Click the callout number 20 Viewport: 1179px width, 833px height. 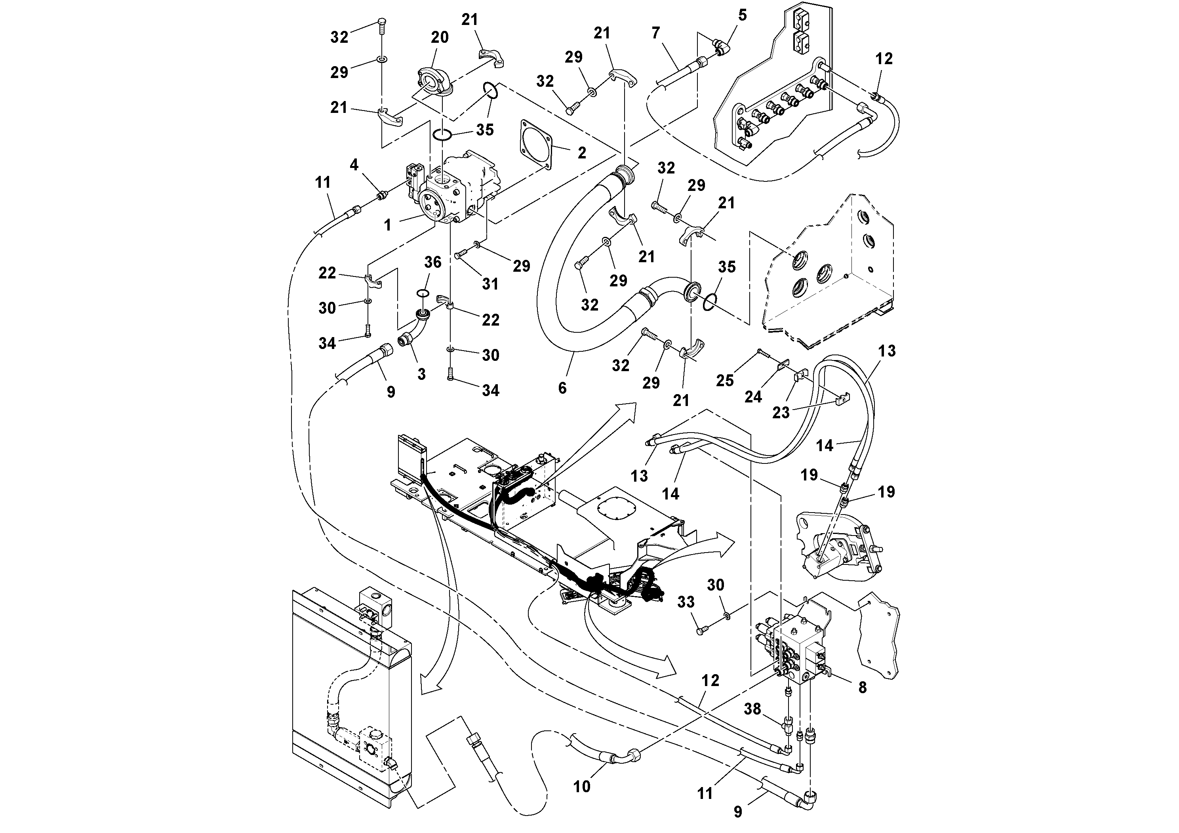click(x=440, y=37)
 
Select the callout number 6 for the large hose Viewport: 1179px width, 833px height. click(x=562, y=388)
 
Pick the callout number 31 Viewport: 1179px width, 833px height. click(x=490, y=284)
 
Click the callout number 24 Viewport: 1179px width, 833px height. click(x=753, y=396)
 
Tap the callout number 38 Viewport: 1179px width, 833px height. click(x=752, y=709)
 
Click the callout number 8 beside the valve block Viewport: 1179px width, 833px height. click(x=862, y=687)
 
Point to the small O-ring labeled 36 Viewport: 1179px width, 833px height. click(x=423, y=293)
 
